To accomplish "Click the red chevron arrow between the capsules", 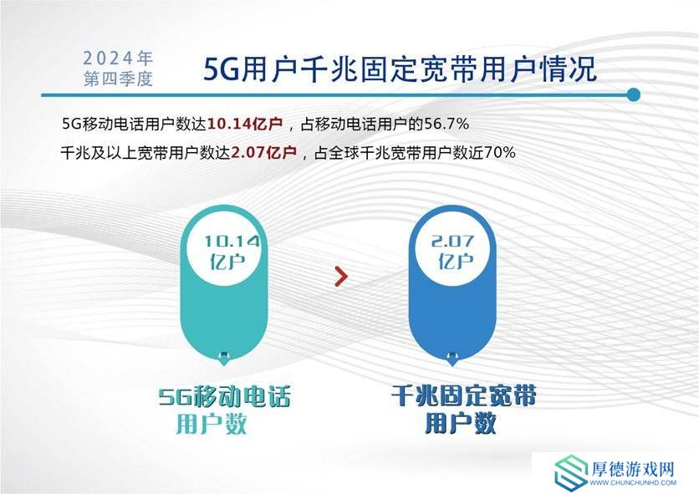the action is [341, 277].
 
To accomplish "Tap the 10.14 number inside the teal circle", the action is [232, 242].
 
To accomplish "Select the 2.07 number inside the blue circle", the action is [452, 242].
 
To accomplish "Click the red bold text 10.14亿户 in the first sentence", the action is [245, 124].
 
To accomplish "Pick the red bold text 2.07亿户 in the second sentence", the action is [264, 153].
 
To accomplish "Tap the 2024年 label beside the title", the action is [118, 58].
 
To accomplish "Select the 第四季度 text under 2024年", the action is [118, 79].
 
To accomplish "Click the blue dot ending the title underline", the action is [633, 95].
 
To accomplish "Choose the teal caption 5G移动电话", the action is [225, 396].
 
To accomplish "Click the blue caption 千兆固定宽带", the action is [463, 395].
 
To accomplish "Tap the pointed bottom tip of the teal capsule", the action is [224, 365].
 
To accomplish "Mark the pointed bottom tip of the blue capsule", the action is [452, 365].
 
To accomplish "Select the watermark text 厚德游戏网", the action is [633, 469].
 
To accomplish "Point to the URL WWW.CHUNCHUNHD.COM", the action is [633, 483].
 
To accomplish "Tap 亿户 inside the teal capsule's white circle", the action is [227, 262].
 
